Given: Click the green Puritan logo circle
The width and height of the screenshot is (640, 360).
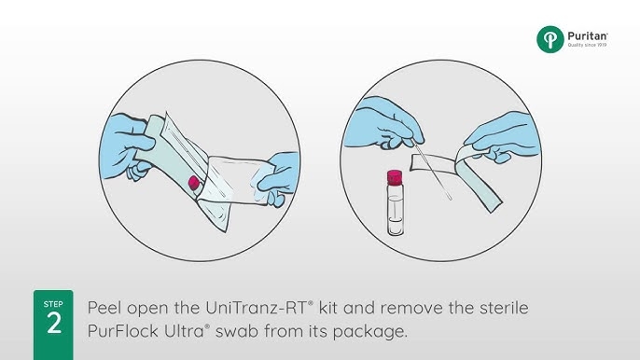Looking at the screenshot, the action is coord(550,39).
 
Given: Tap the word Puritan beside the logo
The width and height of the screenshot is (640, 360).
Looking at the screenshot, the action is coord(587,36).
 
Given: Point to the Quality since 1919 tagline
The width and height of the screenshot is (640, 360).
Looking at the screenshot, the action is coord(587,45).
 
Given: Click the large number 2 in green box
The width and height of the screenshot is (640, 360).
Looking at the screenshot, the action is coord(54,324).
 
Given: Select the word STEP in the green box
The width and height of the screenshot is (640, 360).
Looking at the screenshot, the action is coord(53,304).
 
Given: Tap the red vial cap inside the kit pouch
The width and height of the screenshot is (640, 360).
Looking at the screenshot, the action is coord(193,183).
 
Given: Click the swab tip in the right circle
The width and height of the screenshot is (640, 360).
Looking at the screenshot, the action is coord(449,197).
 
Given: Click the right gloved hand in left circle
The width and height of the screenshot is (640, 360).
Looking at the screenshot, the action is coord(277,178).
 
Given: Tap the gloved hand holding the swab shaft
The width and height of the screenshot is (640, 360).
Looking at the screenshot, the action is coord(383,123).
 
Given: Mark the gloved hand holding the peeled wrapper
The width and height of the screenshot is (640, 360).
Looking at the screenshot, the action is coord(503,137).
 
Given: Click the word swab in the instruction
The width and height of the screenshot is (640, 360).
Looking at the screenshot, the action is coord(237,330).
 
